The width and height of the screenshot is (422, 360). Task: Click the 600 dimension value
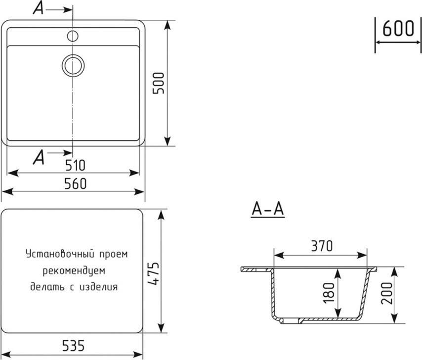[x=398, y=28]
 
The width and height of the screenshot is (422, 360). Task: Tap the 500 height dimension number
[x=158, y=83]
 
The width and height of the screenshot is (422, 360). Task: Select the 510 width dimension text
[x=75, y=165]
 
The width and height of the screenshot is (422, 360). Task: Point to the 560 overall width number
[x=75, y=183]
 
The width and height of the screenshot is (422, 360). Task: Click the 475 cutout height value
[x=154, y=273]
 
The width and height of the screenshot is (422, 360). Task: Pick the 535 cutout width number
[x=73, y=346]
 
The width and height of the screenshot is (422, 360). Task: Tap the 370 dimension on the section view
[x=322, y=246]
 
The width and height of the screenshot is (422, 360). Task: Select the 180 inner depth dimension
[x=329, y=293]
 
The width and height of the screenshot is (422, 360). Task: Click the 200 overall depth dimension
[x=387, y=293]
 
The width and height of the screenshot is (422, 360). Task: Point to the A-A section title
[x=268, y=209]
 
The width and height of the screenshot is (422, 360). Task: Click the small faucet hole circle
[x=73, y=36]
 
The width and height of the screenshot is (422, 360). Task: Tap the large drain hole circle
[x=73, y=65]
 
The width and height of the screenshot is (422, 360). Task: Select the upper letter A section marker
[x=38, y=8]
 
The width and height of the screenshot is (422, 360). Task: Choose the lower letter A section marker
[x=39, y=157]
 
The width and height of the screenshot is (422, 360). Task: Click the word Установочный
[x=60, y=254]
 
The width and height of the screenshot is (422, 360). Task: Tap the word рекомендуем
[x=74, y=271]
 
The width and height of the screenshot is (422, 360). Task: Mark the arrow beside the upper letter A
[x=59, y=10]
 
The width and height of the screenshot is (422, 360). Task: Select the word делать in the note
[x=47, y=287]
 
